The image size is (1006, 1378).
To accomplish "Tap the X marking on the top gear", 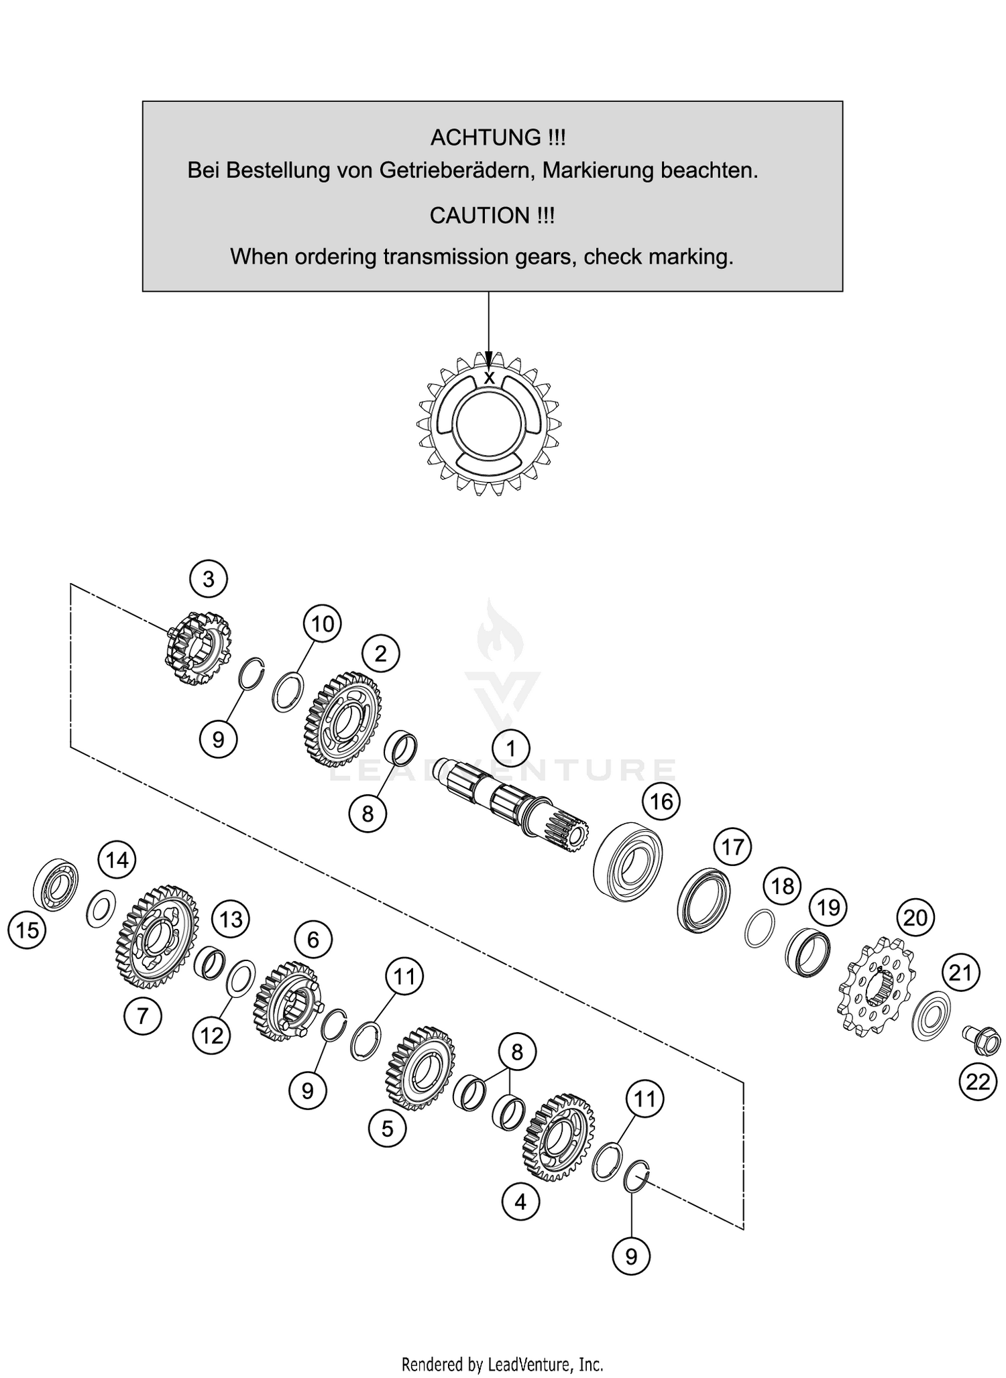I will click(490, 378).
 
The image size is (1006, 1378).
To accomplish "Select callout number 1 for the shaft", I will click(511, 748).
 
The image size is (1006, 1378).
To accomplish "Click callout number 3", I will click(209, 578).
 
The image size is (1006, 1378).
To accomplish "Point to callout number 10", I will click(322, 624).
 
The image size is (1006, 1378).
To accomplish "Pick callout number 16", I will click(661, 802).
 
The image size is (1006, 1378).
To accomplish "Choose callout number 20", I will click(915, 918).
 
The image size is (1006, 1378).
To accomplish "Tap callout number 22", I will click(978, 1082).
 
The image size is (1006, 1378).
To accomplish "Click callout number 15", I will click(27, 930).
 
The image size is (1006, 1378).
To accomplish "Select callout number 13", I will click(231, 919).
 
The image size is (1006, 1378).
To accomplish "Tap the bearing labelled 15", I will click(56, 883).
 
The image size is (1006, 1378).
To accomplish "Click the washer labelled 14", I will click(101, 909).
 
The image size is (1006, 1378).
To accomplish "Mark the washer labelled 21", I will click(933, 1015).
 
